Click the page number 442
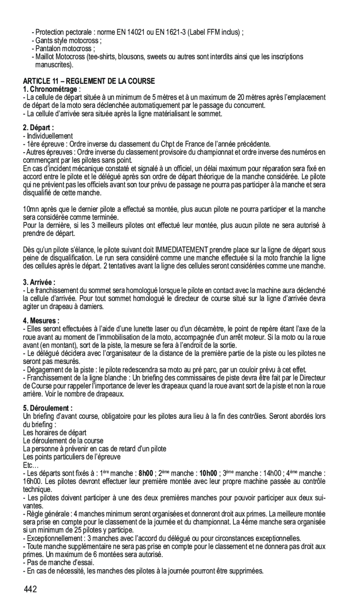[x=31, y=589]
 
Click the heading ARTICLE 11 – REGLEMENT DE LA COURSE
[x=88, y=81]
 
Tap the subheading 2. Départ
[x=39, y=128]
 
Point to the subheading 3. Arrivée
[x=40, y=282]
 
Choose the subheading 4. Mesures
[x=41, y=321]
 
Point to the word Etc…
[x=31, y=465]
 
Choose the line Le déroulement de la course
[x=63, y=440]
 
